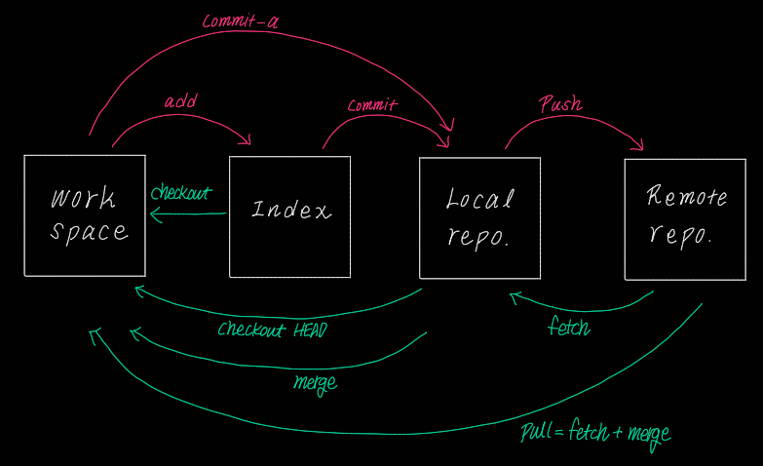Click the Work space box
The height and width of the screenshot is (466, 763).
coord(85,215)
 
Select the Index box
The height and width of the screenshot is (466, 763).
coord(289,216)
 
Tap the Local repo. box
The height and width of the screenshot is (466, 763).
coord(479,217)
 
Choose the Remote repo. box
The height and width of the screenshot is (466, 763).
coord(685,218)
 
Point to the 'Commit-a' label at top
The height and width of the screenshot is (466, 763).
coord(240,20)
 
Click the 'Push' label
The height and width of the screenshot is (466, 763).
coord(559,103)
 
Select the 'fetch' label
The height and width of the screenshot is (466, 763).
coord(568,328)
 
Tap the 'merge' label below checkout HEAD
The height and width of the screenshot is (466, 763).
coord(315,381)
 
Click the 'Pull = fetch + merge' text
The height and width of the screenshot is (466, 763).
coord(594,432)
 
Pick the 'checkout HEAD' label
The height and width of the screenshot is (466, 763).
coord(273,330)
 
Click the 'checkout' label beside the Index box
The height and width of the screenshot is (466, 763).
coord(181,192)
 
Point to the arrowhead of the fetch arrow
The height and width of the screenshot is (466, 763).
coord(513,295)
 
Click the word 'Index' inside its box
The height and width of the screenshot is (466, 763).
coord(290,210)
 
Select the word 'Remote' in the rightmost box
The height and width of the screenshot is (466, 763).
coord(687,196)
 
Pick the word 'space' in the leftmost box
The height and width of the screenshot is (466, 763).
coord(89,232)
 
